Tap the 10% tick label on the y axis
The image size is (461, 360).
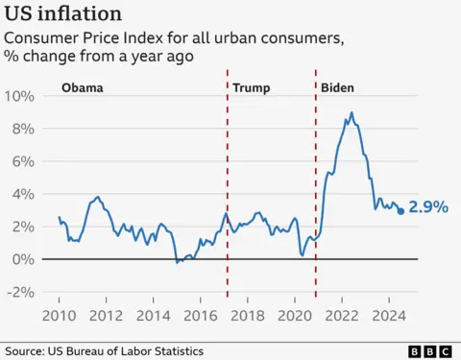tap(20, 96)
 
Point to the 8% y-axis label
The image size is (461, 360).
tap(24, 129)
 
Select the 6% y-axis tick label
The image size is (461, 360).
tap(24, 161)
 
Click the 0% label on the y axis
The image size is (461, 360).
tap(24, 259)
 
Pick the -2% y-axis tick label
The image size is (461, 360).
tap(21, 292)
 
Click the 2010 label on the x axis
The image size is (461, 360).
tap(59, 315)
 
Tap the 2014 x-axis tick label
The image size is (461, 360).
tap(153, 315)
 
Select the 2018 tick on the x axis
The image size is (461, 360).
tap(247, 315)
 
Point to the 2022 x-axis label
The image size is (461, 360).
tap(341, 315)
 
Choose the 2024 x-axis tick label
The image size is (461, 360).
tap(388, 315)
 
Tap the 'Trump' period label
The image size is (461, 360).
tap(252, 88)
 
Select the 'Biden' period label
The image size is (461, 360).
tap(337, 88)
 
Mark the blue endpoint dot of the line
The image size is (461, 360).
tap(401, 211)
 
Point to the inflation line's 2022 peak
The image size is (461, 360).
tap(352, 113)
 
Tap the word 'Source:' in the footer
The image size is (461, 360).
tap(26, 351)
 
